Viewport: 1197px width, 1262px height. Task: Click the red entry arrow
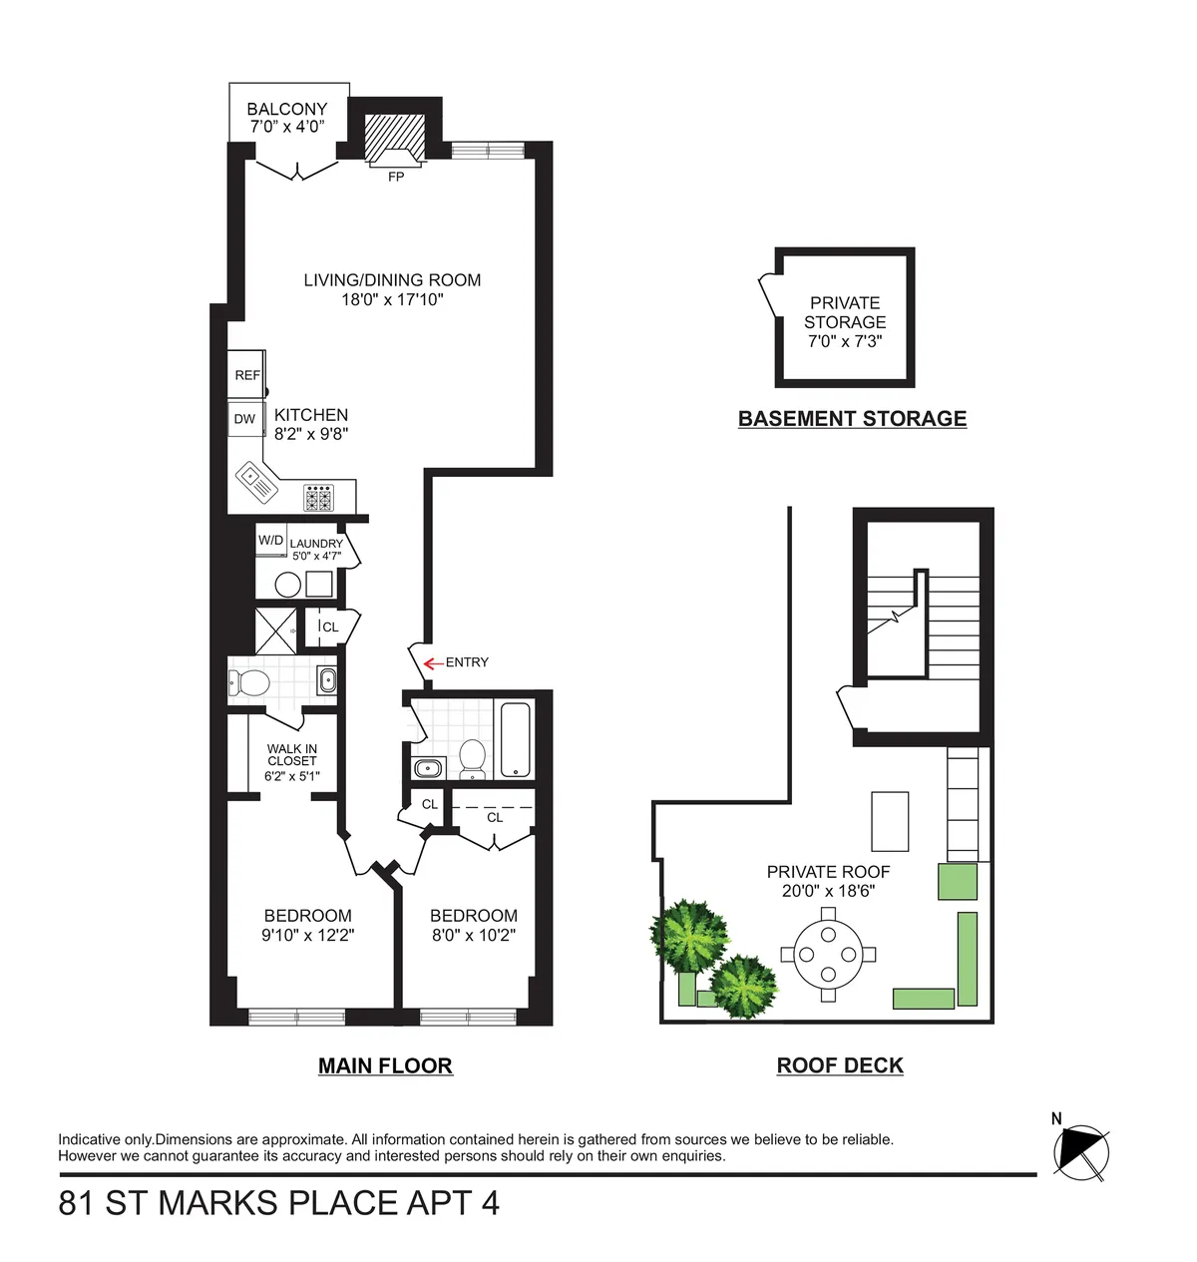tap(433, 663)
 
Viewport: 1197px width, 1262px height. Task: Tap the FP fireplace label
tap(396, 177)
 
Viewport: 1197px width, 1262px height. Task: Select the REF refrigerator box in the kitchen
tap(246, 375)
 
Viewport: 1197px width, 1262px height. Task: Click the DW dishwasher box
tap(245, 419)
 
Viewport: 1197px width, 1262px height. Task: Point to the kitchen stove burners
tap(319, 497)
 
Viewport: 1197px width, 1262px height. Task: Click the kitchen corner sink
tap(255, 484)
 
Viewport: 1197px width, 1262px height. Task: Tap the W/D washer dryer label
tap(270, 541)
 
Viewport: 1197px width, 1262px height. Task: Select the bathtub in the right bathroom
tap(515, 739)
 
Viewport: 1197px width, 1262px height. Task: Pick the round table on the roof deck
tap(828, 955)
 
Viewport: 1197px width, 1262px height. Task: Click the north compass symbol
tap(1080, 1151)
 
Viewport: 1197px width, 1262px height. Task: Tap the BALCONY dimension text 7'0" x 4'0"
tap(287, 127)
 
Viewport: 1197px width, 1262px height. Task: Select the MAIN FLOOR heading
tap(385, 1065)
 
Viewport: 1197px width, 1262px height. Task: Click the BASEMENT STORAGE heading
tap(852, 419)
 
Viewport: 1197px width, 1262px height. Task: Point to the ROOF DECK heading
tap(840, 1065)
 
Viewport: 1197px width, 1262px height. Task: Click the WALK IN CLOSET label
tap(292, 754)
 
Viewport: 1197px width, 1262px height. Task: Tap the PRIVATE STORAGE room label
tap(845, 312)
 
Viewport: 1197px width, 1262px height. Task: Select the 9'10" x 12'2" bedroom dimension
tap(308, 935)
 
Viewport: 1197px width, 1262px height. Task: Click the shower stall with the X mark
tap(275, 630)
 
